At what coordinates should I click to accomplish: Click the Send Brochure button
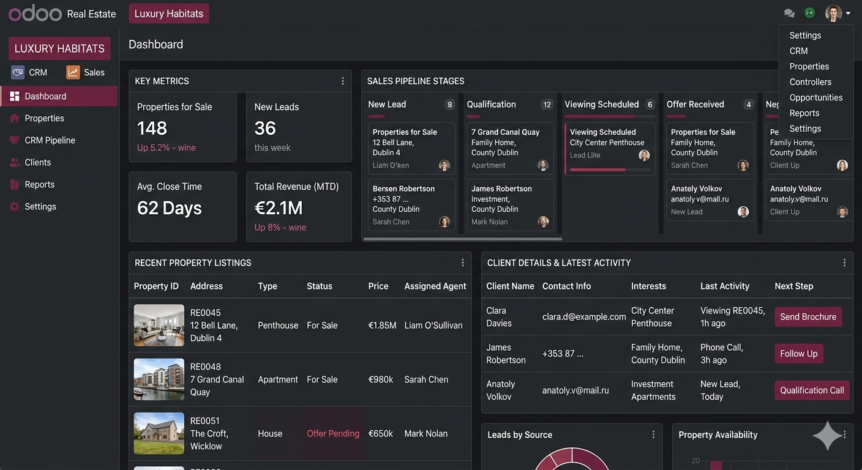pos(808,317)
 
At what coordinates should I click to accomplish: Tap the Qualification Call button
pos(812,390)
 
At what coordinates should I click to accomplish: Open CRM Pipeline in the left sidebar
pos(50,140)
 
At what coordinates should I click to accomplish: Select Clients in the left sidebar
pos(38,162)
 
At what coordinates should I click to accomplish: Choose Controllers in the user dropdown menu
pos(810,82)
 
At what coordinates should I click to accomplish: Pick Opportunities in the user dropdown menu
pos(815,97)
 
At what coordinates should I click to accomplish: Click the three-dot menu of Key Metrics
pos(342,81)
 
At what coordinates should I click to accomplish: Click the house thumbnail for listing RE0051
pos(159,433)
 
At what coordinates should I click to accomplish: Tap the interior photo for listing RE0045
pos(159,325)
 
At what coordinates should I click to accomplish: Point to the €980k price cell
pos(380,379)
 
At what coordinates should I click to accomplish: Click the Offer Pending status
pos(333,433)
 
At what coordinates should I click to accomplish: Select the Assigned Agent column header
pos(435,286)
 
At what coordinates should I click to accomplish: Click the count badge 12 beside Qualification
pos(547,105)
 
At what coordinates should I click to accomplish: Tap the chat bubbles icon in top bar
pos(789,13)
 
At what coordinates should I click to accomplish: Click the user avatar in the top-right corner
pos(833,13)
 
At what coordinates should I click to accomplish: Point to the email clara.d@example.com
pos(583,317)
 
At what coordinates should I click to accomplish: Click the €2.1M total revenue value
pos(279,208)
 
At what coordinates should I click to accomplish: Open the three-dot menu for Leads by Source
pos(653,435)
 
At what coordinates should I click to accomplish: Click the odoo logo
pos(35,13)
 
